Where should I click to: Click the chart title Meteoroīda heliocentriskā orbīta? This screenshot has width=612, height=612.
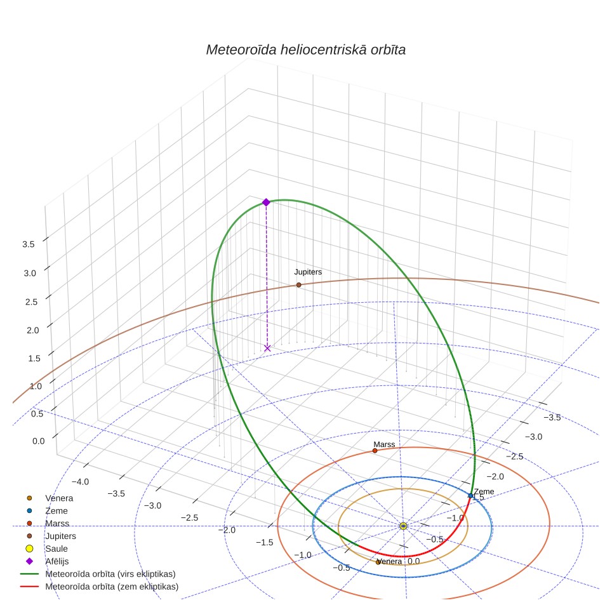tap(305, 50)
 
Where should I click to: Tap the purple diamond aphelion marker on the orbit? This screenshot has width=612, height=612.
tap(266, 202)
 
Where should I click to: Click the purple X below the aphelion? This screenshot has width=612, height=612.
tap(267, 348)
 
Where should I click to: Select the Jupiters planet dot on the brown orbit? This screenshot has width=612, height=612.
tap(298, 285)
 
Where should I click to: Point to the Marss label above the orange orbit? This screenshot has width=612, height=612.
tap(384, 444)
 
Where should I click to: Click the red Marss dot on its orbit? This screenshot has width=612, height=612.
tap(375, 451)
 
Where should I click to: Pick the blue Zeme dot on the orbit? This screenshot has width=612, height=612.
tap(470, 496)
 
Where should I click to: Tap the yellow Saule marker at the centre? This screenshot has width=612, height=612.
tap(403, 526)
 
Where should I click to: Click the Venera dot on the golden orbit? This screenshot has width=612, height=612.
tap(378, 562)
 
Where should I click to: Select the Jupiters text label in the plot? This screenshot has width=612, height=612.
tap(308, 272)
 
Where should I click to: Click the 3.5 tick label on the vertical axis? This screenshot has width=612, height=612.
tap(29, 244)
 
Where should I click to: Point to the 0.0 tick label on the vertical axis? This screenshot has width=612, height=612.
tap(39, 441)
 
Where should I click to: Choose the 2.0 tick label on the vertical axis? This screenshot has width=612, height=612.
tap(33, 330)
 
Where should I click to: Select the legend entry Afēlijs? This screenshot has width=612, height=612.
tap(57, 561)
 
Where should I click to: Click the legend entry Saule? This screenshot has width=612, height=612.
tap(57, 549)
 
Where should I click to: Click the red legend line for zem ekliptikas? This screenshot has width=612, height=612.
tap(29, 587)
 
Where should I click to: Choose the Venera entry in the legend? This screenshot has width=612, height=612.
tap(59, 498)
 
